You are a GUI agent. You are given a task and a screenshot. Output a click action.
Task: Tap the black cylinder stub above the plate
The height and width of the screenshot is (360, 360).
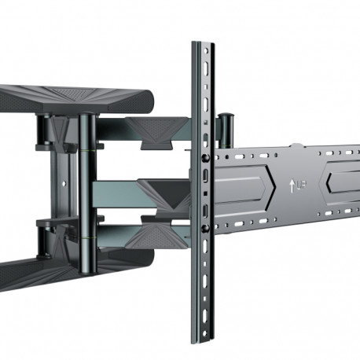point(226,126)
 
